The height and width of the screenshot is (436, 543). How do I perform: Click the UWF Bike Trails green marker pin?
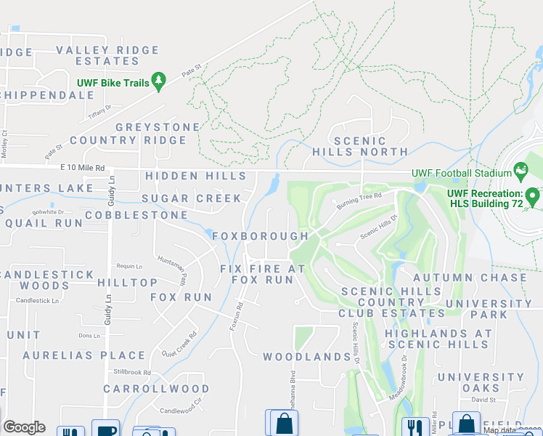[x=158, y=80]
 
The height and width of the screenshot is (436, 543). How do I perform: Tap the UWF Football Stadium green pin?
[x=520, y=171]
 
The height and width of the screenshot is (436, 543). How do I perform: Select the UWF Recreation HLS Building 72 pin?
[x=532, y=196]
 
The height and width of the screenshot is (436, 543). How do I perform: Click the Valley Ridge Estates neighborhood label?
[x=107, y=56]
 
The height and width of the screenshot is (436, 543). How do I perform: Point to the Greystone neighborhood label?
[x=158, y=127]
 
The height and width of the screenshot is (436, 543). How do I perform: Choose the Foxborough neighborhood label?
[x=261, y=236]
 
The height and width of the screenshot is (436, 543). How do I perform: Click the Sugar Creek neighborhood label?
[x=192, y=198]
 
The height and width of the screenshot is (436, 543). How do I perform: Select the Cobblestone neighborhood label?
[x=136, y=216]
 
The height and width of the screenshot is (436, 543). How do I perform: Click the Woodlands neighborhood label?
[x=307, y=357]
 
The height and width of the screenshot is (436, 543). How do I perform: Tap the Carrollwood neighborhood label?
[x=156, y=389]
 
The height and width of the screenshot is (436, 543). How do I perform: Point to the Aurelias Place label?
[x=84, y=355]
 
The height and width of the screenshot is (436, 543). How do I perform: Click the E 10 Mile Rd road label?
[x=83, y=167]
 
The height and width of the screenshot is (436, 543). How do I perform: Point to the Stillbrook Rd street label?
[x=132, y=372]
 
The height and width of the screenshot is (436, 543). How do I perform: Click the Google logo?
[x=24, y=427]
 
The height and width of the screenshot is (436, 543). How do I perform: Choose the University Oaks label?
[x=481, y=382]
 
